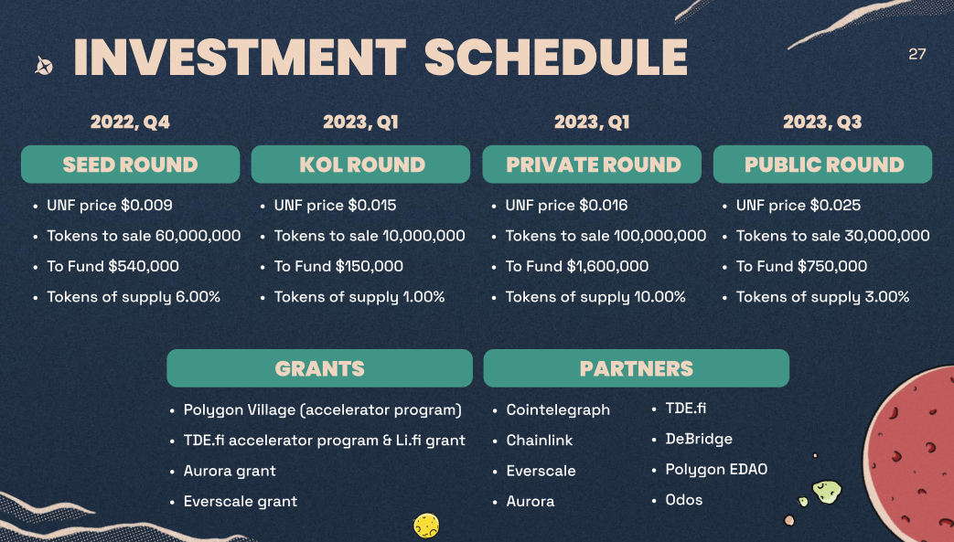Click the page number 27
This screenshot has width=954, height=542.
coord(916,54)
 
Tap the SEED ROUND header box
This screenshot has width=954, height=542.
coord(130,165)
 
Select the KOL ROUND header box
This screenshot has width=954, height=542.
coord(361,165)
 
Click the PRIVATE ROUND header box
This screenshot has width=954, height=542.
coord(593,165)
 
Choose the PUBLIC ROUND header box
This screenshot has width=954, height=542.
coord(823,165)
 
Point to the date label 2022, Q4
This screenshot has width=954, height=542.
coord(130,122)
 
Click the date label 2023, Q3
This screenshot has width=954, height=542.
coord(822,122)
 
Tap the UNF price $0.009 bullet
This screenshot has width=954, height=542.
coord(110,206)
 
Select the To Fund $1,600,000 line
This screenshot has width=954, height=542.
coord(576,267)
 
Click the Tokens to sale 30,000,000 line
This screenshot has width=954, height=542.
coord(832,236)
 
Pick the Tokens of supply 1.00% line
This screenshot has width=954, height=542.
coord(359,297)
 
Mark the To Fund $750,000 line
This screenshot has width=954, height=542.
coord(801,267)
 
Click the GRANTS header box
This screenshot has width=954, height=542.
coord(319,368)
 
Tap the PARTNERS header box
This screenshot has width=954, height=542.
coord(636,368)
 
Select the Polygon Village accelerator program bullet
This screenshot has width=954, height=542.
coord(322,410)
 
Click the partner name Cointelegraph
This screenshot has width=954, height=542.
coord(558,410)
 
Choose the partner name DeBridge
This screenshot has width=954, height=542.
coord(699,439)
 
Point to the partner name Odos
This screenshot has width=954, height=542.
coord(684,500)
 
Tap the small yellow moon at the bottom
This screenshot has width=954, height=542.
coord(425,526)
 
